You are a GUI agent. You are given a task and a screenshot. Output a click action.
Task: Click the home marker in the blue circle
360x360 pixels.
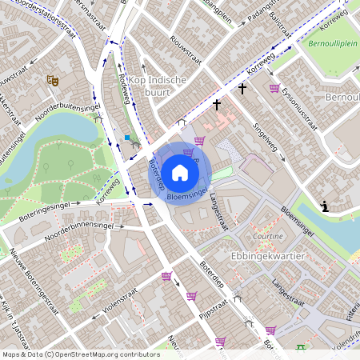click(180, 173)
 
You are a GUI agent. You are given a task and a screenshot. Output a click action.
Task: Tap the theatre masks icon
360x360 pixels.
click(53, 80)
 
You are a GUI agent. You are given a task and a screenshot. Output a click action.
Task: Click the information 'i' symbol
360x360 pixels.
click(324, 206)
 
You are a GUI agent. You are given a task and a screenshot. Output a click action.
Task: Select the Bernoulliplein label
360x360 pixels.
click(333, 45)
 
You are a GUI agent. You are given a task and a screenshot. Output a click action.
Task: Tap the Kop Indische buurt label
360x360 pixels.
click(157, 86)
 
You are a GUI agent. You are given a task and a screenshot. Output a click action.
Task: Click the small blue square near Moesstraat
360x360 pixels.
click(126, 138)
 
